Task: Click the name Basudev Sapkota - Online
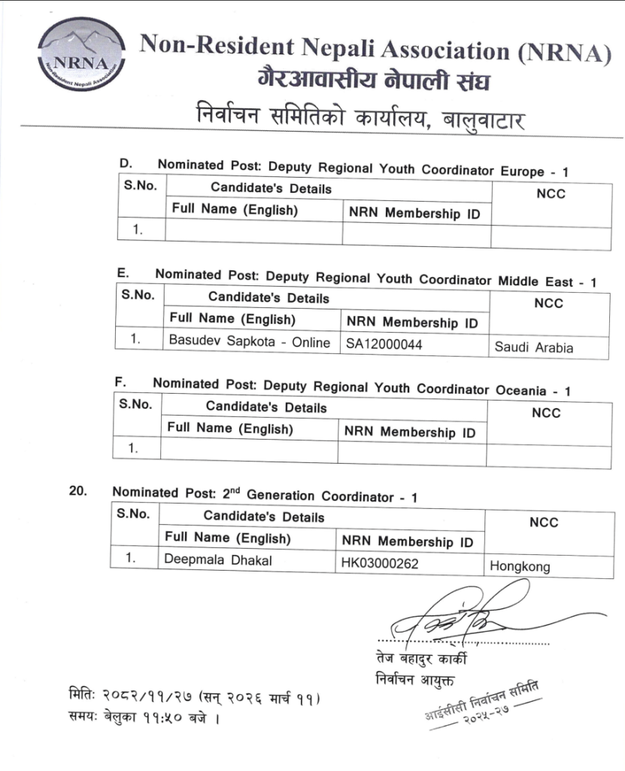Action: (x=249, y=342)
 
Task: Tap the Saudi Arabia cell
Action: (x=533, y=347)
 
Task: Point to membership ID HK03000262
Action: (x=379, y=562)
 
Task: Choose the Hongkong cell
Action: (x=520, y=566)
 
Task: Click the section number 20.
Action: (x=77, y=491)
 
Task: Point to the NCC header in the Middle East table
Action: (x=548, y=303)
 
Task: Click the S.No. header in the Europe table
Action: (x=140, y=185)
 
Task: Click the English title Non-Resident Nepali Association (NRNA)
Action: (x=374, y=51)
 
